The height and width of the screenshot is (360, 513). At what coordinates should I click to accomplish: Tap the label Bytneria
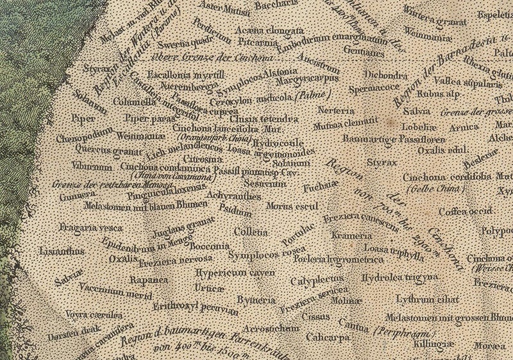(252, 299)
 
